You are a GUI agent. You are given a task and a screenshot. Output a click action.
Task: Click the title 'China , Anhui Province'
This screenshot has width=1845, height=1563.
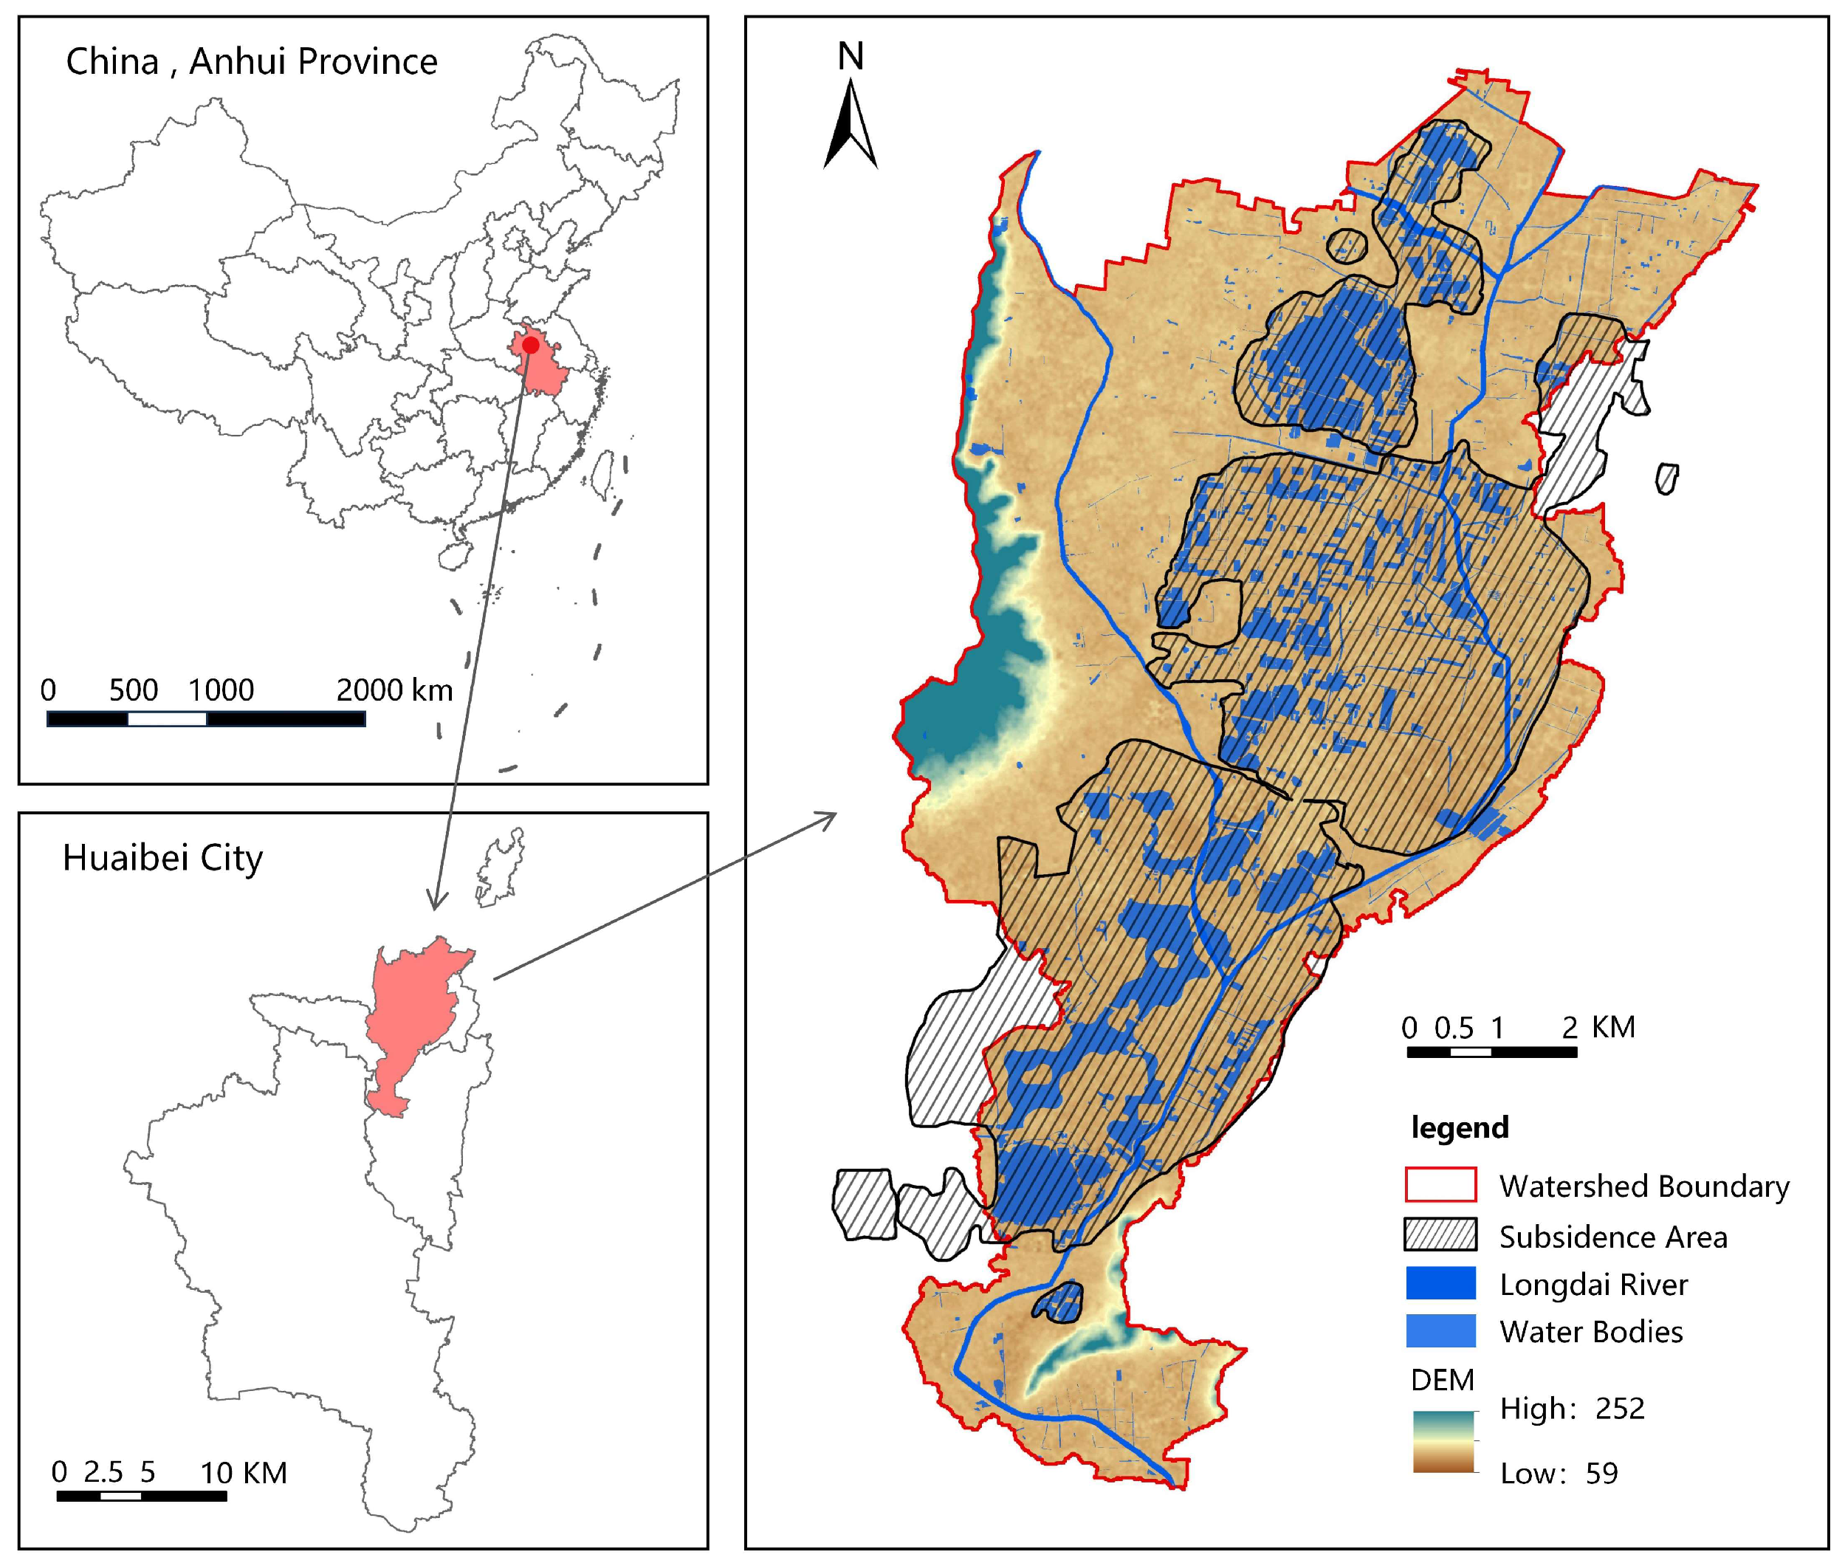(x=252, y=62)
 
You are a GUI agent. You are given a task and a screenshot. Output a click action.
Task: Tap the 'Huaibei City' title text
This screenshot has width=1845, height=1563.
(x=163, y=858)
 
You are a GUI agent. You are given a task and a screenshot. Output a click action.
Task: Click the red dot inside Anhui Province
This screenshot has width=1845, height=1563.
(x=530, y=346)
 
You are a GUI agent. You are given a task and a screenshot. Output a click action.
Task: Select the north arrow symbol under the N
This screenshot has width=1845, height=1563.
(x=851, y=124)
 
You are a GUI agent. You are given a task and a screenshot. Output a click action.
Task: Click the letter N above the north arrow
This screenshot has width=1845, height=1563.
(x=851, y=57)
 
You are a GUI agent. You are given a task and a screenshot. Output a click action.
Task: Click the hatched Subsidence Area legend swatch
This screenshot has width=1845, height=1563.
(x=1440, y=1234)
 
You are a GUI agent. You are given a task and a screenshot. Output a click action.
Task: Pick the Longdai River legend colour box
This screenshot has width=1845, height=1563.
(x=1440, y=1283)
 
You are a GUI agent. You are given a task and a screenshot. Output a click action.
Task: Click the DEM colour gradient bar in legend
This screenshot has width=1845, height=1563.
(x=1443, y=1442)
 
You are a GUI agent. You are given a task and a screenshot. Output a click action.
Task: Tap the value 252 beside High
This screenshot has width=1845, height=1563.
(x=1620, y=1408)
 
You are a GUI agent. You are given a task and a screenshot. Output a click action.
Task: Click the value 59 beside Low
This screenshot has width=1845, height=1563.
(x=1601, y=1474)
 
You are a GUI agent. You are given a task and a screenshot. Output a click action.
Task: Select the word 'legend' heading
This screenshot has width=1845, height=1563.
(x=1460, y=1128)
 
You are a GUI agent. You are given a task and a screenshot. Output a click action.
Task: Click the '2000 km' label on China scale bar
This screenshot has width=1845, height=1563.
(x=394, y=690)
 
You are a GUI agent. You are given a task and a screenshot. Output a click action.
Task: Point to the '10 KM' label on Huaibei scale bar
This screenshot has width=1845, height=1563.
(x=244, y=1474)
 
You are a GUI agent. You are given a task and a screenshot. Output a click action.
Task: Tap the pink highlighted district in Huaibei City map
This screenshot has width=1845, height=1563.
(x=412, y=1019)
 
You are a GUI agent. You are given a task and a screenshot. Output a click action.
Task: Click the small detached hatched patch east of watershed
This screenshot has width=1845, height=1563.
(x=1666, y=479)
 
